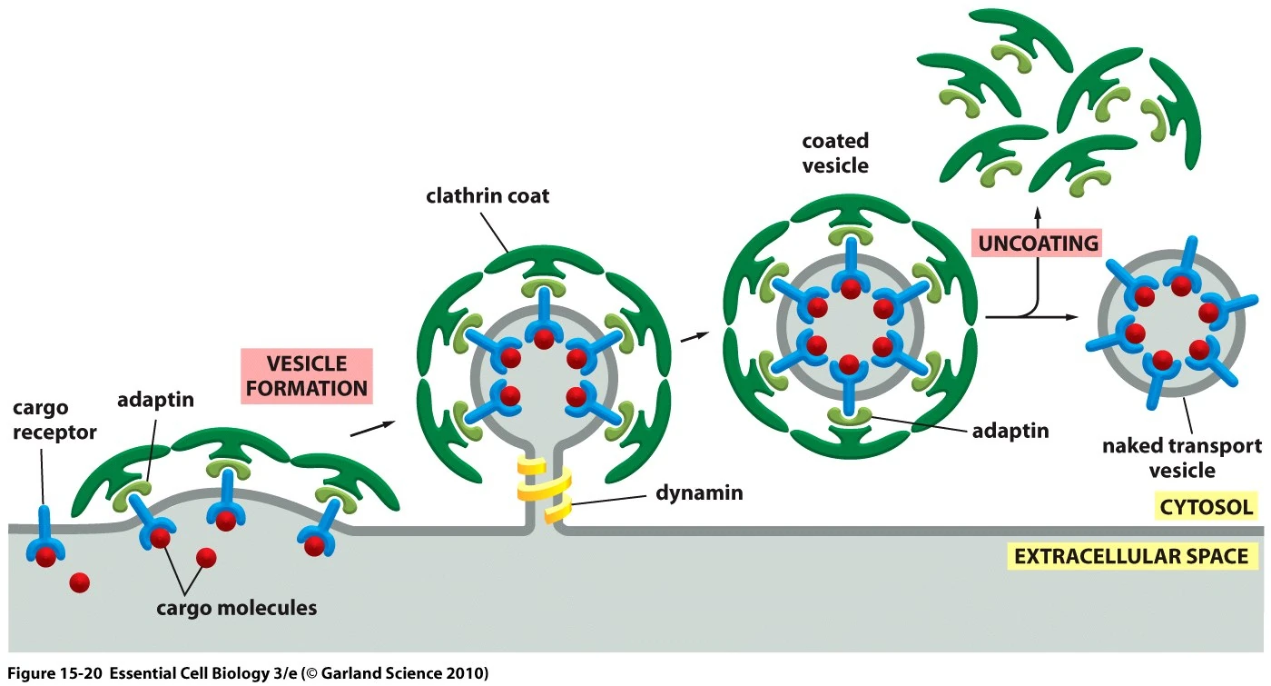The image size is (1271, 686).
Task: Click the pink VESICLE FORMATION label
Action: [x=307, y=376]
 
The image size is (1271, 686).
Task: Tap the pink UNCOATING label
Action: [x=1036, y=244]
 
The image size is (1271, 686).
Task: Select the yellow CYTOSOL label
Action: [x=1204, y=507]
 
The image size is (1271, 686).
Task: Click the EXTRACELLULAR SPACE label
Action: [x=1131, y=555]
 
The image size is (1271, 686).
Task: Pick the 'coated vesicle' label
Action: [x=835, y=153]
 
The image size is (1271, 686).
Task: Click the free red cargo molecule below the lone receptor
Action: [x=79, y=582]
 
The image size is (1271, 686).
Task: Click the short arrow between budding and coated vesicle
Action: [x=694, y=336]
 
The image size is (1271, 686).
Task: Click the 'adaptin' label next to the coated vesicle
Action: [x=1010, y=431]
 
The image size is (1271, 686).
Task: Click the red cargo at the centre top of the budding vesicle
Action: [x=543, y=339]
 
